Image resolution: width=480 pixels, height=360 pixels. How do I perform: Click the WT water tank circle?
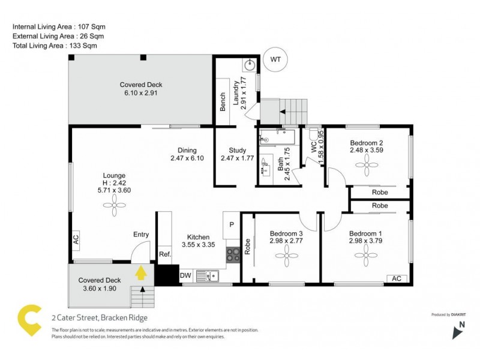pyautogui.click(x=275, y=59)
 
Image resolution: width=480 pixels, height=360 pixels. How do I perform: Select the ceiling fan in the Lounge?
pyautogui.click(x=113, y=206)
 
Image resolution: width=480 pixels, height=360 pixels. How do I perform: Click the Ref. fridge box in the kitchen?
pyautogui.click(x=165, y=254)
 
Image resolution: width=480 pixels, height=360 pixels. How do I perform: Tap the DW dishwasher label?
pyautogui.click(x=186, y=275)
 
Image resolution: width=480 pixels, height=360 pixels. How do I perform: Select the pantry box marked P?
pyautogui.click(x=231, y=224)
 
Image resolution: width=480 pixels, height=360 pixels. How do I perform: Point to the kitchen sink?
pyautogui.click(x=209, y=275)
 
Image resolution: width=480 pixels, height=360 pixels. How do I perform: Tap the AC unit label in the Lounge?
pyautogui.click(x=76, y=238)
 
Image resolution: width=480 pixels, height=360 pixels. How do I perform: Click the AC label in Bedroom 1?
pyautogui.click(x=396, y=278)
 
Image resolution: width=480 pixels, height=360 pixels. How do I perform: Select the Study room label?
pyautogui.click(x=238, y=151)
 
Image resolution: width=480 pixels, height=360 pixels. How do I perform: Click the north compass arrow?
pyautogui.click(x=457, y=329)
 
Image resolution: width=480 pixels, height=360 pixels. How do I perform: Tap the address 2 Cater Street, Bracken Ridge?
pyautogui.click(x=99, y=318)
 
